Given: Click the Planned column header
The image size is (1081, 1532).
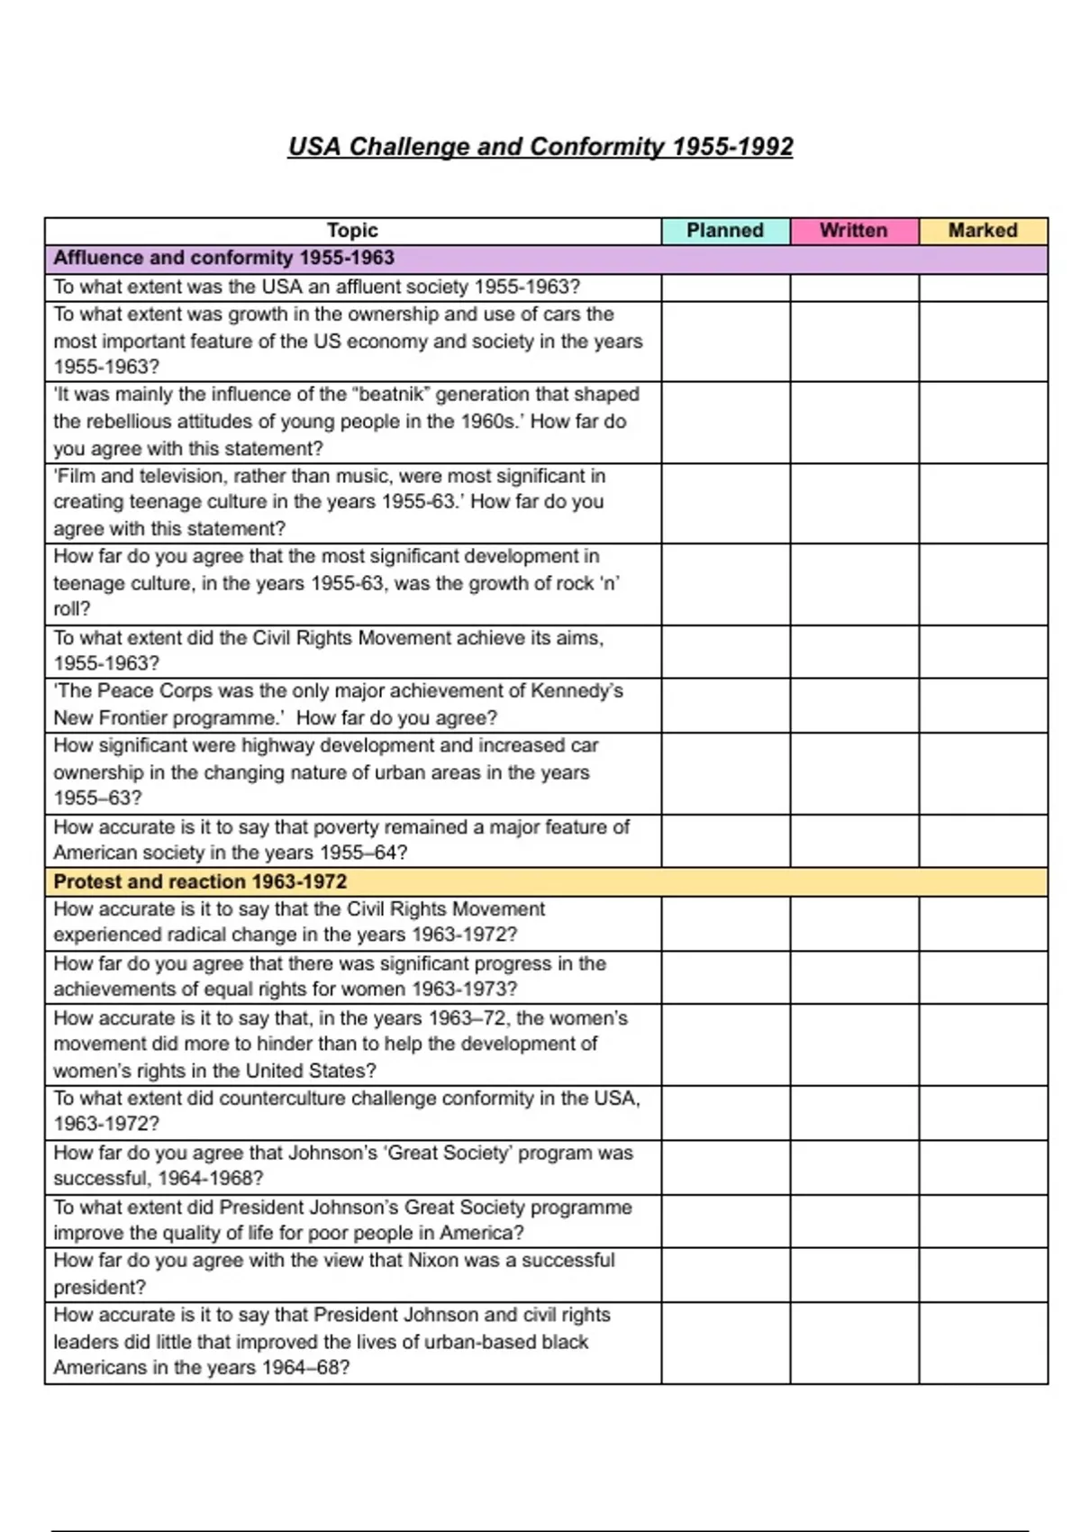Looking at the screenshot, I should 725,231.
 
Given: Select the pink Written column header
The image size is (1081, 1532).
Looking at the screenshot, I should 854,231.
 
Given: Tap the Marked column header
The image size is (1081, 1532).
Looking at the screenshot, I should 983,231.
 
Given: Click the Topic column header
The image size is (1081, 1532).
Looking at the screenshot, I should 352,231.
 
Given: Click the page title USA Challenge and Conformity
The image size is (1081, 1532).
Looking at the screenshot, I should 540,147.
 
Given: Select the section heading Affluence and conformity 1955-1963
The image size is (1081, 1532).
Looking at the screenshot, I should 223,259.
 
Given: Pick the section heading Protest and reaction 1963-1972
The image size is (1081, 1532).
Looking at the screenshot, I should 200,881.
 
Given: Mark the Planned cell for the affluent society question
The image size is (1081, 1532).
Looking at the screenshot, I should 725,287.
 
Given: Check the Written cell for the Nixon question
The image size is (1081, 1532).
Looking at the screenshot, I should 854,1274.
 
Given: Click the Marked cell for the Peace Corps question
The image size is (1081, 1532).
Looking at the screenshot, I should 983,705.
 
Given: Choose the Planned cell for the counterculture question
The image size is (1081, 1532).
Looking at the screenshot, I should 725,1112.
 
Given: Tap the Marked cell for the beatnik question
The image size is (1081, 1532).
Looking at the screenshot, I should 983,422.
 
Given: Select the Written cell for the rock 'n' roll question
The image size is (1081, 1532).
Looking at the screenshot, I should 854,583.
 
